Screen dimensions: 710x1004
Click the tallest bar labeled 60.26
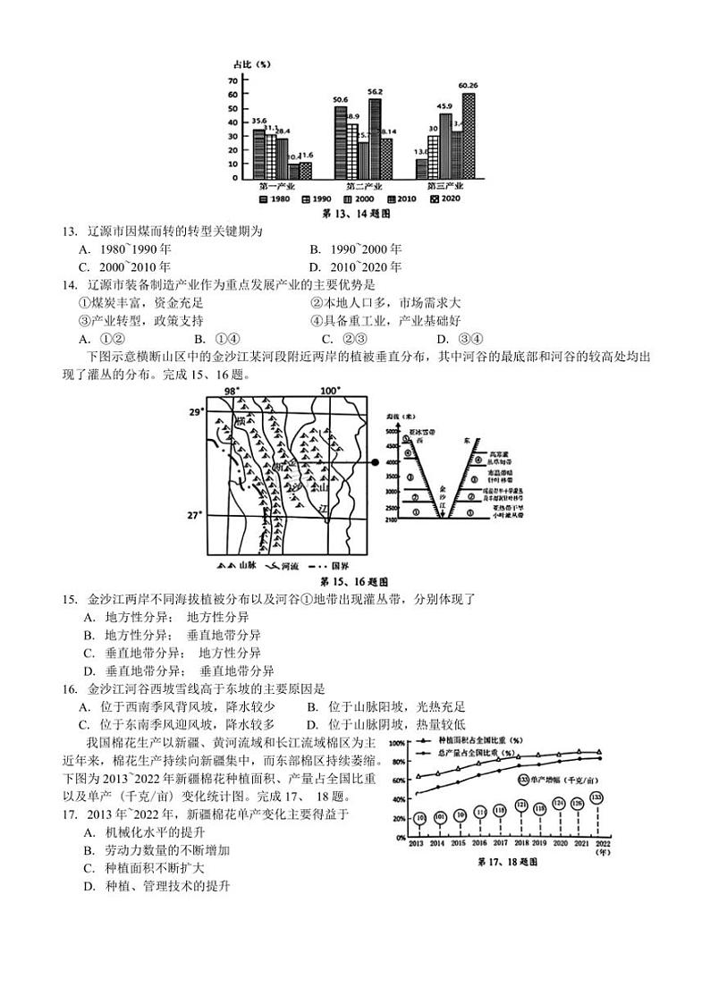coord(468,135)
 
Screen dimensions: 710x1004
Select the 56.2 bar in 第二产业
coord(375,138)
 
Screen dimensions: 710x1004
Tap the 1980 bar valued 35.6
coord(258,153)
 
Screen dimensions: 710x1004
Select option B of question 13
coord(355,249)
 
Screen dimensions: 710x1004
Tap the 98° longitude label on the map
coord(232,391)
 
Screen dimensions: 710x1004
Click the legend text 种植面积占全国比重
coord(480,741)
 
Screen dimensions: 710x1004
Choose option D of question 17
coord(157,886)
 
